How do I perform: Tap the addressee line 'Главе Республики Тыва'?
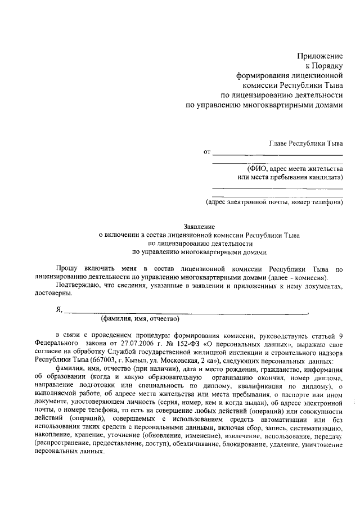pyautogui.click(x=306, y=143)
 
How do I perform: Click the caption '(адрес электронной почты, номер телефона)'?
pyautogui.click(x=273, y=201)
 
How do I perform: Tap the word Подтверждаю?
pyautogui.click(x=78, y=286)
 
